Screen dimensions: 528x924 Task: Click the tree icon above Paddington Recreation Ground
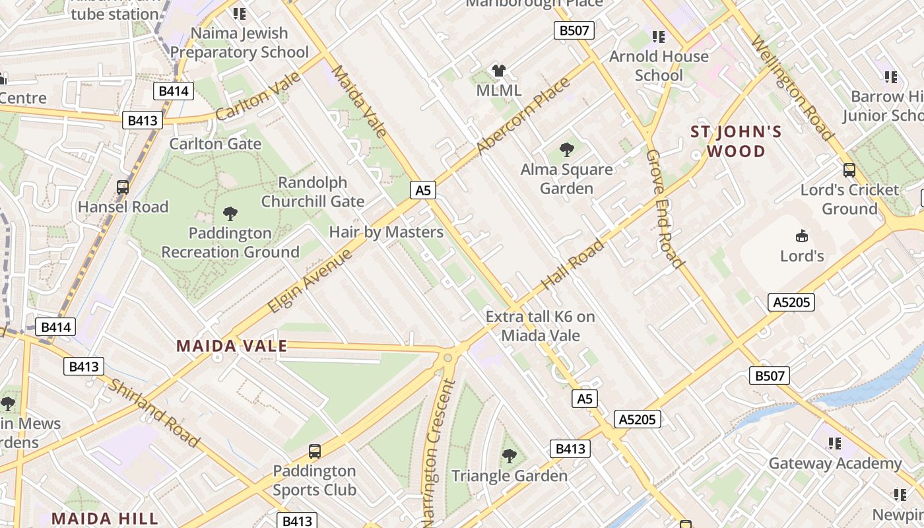(230, 213)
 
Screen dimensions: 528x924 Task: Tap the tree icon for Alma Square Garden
(566, 150)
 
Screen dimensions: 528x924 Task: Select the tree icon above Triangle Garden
(509, 455)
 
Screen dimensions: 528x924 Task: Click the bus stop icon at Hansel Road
(123, 187)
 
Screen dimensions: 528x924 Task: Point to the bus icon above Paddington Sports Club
(315, 451)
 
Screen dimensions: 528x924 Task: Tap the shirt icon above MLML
(499, 71)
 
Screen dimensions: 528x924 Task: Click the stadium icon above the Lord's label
(802, 236)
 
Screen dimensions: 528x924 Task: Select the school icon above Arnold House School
(658, 37)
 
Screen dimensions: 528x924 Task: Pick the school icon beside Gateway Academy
(835, 444)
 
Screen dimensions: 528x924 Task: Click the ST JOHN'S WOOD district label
(736, 141)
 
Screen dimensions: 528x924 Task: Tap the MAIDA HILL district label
(105, 518)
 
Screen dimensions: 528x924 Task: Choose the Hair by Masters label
(386, 232)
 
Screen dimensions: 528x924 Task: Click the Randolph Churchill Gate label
(312, 192)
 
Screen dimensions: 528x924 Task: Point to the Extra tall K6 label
(540, 326)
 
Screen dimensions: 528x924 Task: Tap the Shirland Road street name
(154, 413)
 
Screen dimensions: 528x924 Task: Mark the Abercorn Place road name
(523, 116)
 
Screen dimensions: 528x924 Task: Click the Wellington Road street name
(792, 88)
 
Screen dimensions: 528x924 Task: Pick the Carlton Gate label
(215, 144)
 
